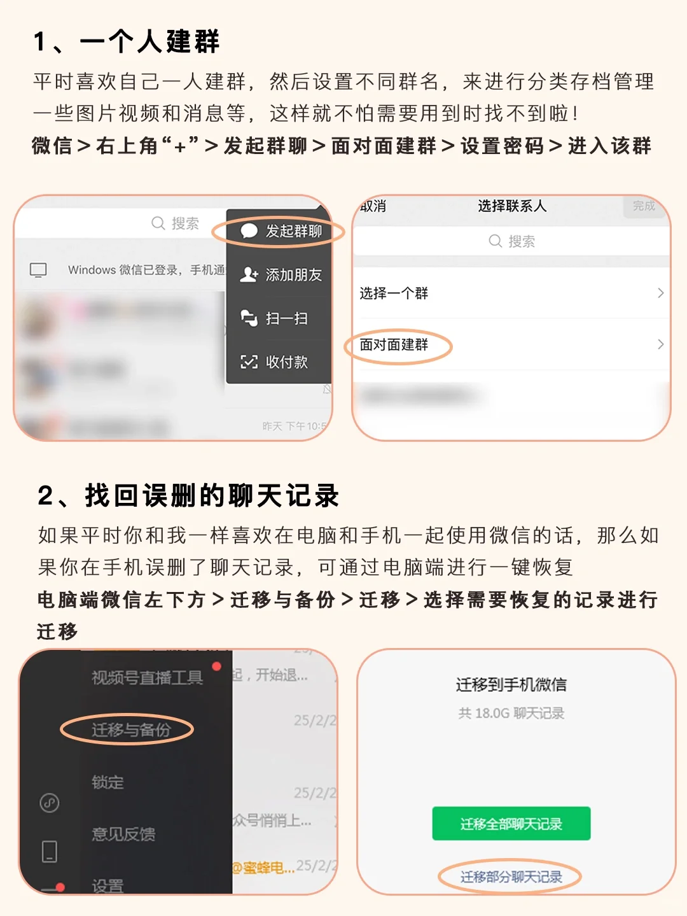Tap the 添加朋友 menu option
(282, 275)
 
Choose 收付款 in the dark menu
(276, 362)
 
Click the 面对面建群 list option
(394, 345)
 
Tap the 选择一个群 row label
(394, 293)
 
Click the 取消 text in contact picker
(374, 206)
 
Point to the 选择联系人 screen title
(512, 206)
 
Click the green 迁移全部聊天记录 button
(511, 824)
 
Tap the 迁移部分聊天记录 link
(511, 877)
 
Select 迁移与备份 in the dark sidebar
(131, 729)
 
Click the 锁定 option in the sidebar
(108, 782)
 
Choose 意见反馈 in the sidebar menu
(123, 834)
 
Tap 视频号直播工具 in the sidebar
(147, 678)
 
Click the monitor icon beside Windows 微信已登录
(38, 270)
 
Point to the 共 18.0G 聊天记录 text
(511, 714)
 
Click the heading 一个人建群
(149, 42)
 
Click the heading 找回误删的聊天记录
(212, 496)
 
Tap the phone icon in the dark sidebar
(50, 851)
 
